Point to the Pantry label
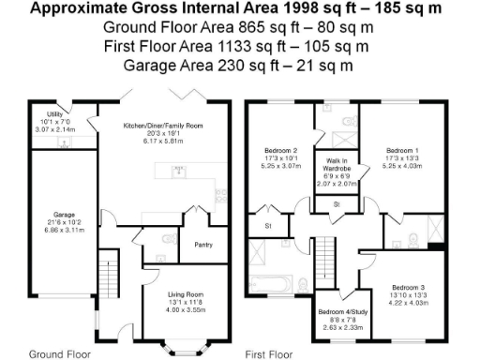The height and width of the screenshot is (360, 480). click(x=202, y=245)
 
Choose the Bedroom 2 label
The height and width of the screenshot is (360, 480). click(x=280, y=150)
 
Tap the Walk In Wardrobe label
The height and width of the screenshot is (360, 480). click(x=337, y=167)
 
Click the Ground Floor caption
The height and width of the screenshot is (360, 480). click(x=59, y=354)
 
